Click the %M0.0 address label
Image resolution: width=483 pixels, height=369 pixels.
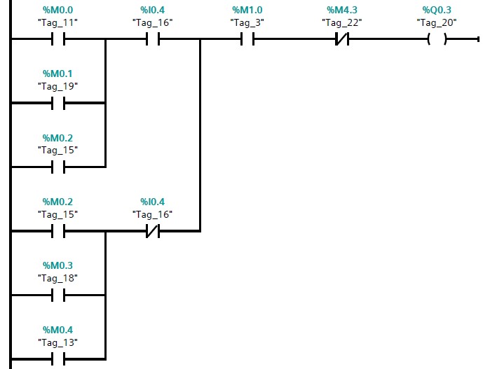click(x=57, y=11)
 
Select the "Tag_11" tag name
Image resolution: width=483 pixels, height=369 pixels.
click(x=57, y=22)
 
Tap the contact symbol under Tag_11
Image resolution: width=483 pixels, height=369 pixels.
click(x=57, y=39)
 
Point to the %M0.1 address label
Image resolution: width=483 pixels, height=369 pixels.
click(x=57, y=74)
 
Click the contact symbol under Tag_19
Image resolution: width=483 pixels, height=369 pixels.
click(x=57, y=103)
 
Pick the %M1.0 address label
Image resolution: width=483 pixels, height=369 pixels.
click(x=247, y=11)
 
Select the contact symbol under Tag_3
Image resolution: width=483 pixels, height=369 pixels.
click(x=247, y=39)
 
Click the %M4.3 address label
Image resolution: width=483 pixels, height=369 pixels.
click(x=341, y=11)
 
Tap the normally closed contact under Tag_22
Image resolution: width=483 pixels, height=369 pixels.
click(x=341, y=39)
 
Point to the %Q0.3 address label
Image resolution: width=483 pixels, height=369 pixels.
click(x=437, y=11)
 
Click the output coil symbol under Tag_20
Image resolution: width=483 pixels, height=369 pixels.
click(x=437, y=39)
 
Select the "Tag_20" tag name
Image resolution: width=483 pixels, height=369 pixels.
click(x=437, y=22)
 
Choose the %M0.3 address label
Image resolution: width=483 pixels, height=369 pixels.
click(x=57, y=266)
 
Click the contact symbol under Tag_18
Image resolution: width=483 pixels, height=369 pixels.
click(x=57, y=295)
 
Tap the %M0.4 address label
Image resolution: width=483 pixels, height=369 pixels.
click(x=57, y=330)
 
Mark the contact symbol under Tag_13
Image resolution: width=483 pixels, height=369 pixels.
click(x=57, y=358)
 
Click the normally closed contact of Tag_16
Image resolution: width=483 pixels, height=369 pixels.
click(x=152, y=231)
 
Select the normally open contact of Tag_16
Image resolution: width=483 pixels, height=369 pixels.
click(x=152, y=39)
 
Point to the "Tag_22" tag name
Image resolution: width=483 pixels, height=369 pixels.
click(x=341, y=22)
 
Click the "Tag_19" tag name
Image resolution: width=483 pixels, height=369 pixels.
click(x=57, y=86)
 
